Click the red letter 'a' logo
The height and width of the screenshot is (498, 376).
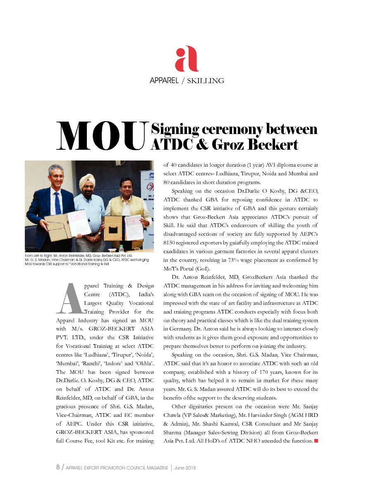coord(187,60)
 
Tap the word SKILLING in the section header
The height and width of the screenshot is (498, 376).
coord(206,81)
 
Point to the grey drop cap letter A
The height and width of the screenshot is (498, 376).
coord(68,298)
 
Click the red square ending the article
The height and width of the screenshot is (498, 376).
coord(316,441)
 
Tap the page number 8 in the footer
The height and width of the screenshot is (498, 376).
coord(58,467)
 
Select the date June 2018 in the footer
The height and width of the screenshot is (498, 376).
coord(185,468)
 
